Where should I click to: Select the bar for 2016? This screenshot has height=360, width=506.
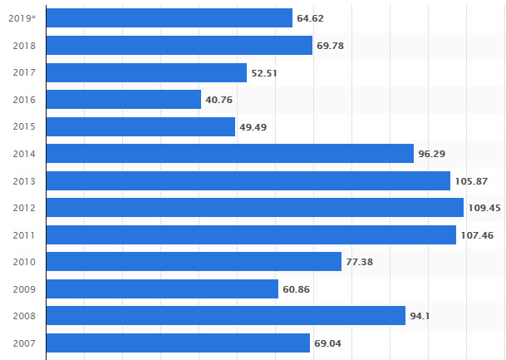pyautogui.click(x=124, y=100)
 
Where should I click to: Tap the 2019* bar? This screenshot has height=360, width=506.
pyautogui.click(x=169, y=18)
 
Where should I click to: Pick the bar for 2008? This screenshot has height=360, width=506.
pyautogui.click(x=226, y=316)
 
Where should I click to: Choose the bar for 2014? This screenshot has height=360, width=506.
pyautogui.click(x=230, y=154)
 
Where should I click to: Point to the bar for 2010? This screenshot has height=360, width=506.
pyautogui.click(x=194, y=262)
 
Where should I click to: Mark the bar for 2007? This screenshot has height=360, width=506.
pyautogui.click(x=178, y=343)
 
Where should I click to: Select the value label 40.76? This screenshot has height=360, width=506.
pyautogui.click(x=219, y=100)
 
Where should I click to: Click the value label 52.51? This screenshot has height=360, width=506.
pyautogui.click(x=264, y=73)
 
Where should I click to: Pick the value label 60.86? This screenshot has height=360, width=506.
pyautogui.click(x=296, y=289)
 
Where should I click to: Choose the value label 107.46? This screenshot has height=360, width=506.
pyautogui.click(x=478, y=235)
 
